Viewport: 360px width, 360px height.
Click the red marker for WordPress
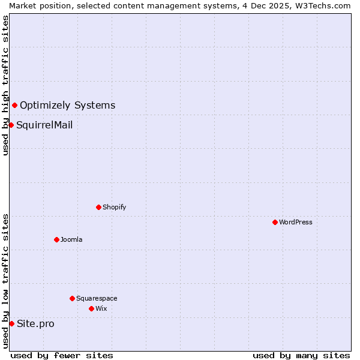coord(275,222)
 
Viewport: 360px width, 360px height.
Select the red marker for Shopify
coord(98,207)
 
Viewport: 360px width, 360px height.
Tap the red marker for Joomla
coord(56,239)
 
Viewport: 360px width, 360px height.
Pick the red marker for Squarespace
coord(72,298)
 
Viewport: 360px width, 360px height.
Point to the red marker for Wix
coord(91,308)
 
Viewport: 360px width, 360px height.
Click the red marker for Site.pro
coord(11,323)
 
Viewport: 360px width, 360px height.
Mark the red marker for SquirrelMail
coord(11,125)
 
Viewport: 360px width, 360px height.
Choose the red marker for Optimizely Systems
coord(14,105)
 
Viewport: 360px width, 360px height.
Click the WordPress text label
coord(296,222)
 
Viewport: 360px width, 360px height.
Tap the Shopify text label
coord(114,207)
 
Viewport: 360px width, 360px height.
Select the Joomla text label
coord(71,239)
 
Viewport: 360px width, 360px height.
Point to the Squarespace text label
coord(97,298)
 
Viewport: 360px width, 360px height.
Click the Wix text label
coord(101,308)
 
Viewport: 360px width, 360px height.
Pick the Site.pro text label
coord(35,324)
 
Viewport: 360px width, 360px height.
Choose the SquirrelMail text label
coord(44,125)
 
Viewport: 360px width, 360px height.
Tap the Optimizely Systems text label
coord(67,106)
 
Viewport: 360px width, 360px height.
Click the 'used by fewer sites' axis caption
coord(62,355)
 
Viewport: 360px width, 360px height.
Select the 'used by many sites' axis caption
coord(301,355)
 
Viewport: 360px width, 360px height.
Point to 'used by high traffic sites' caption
coord(5,85)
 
